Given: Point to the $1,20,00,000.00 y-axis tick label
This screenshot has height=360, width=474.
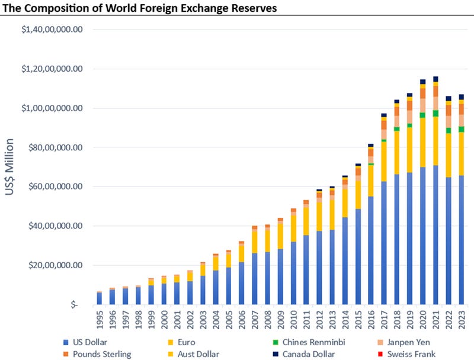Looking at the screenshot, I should [51, 69].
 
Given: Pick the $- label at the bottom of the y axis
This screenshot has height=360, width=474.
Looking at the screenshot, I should [74, 304].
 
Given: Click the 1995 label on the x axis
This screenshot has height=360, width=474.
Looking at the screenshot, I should [100, 320].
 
